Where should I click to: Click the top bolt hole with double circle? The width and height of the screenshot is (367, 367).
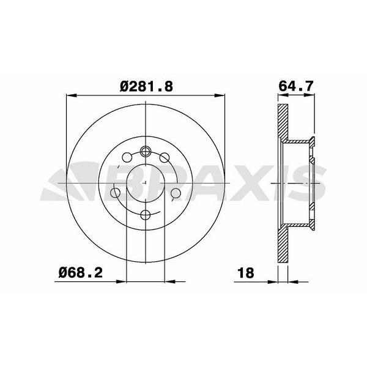[x=146, y=152]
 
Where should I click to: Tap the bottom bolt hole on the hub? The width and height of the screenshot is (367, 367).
[x=146, y=215]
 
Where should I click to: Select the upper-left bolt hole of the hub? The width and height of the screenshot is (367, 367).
[x=127, y=157]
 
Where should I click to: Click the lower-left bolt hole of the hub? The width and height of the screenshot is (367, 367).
[x=115, y=194]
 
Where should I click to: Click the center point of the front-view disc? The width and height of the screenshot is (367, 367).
[x=146, y=183]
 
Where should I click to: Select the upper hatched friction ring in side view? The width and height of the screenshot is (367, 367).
[x=282, y=122]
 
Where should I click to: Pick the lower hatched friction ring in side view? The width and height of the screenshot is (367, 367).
[x=282, y=245]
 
